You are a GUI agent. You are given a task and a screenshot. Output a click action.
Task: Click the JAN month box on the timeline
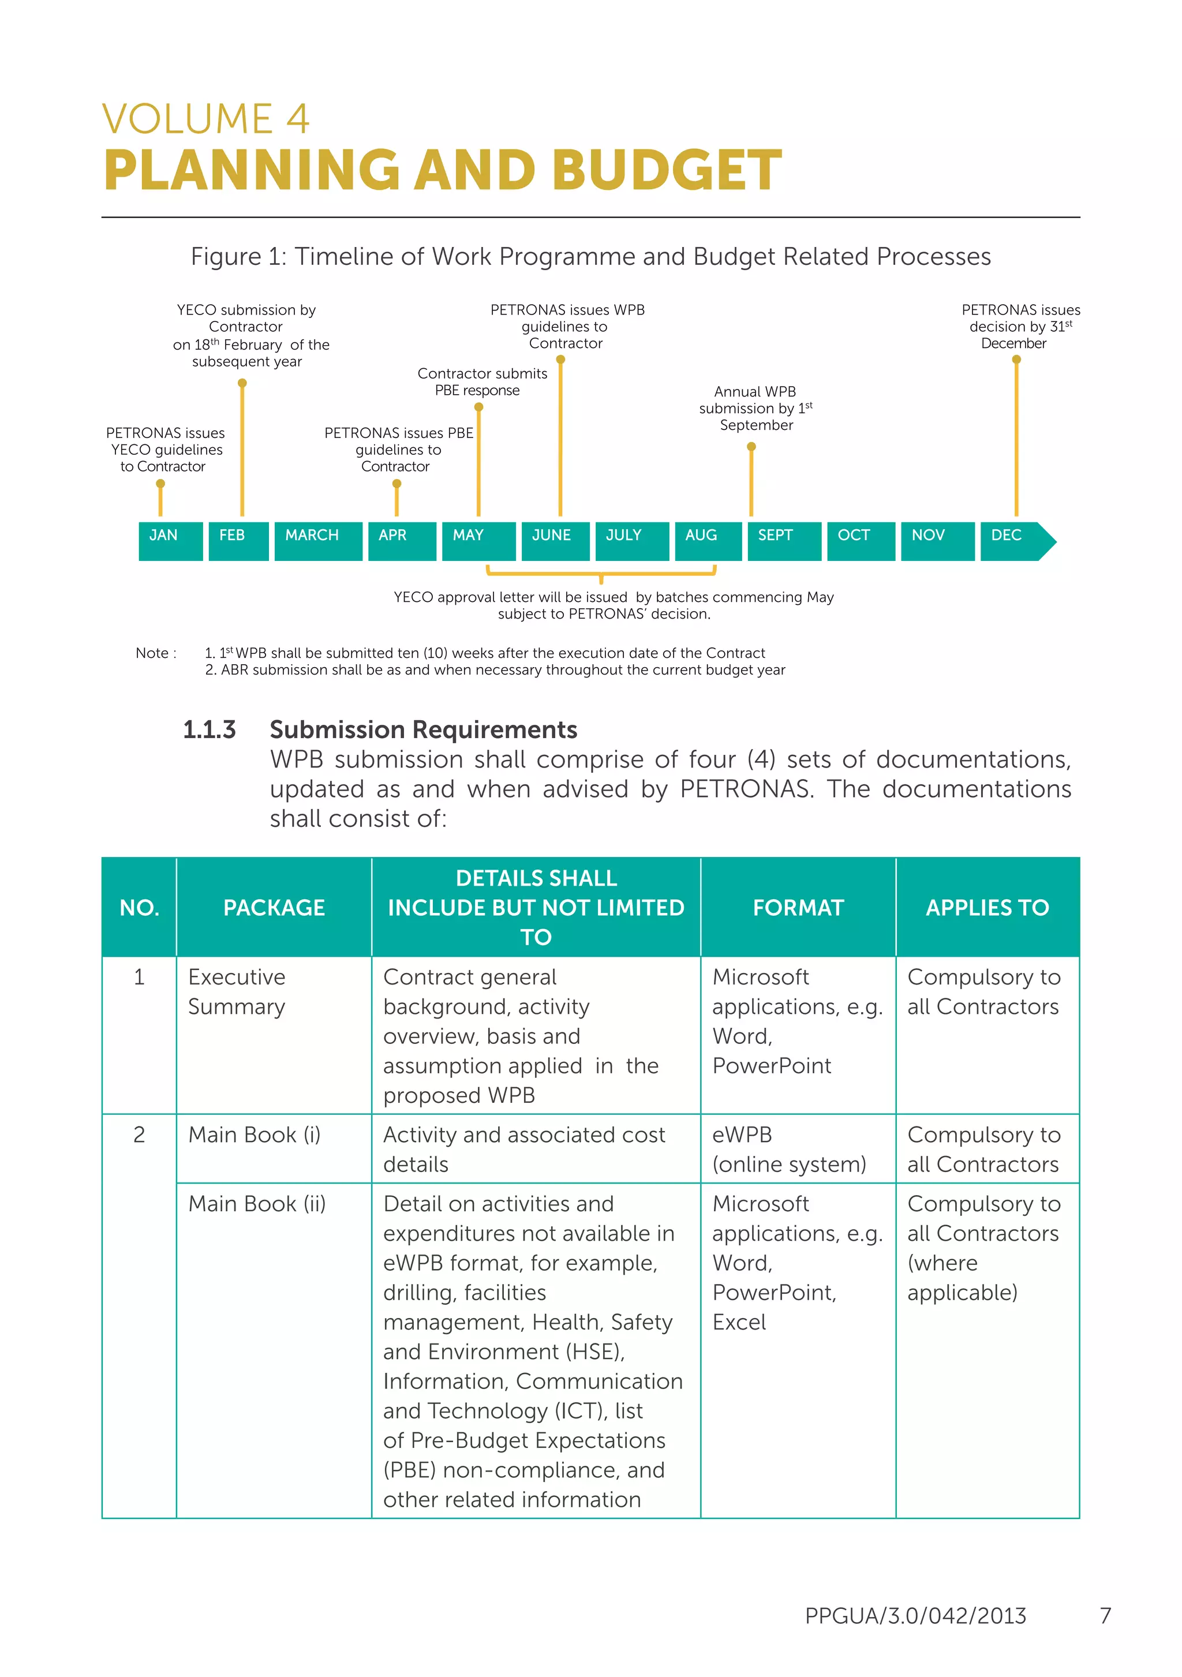170,541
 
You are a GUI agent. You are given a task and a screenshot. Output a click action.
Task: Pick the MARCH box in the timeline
318,541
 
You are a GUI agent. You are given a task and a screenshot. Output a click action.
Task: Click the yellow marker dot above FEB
242,383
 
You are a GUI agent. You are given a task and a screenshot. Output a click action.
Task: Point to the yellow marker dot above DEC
1016,360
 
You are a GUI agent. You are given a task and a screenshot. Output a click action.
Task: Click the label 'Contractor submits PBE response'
481,382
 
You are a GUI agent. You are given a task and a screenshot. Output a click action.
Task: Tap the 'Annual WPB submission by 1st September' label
755,409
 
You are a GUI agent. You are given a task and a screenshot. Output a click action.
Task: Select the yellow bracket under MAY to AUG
601,574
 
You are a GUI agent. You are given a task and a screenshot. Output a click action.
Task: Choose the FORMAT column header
798,907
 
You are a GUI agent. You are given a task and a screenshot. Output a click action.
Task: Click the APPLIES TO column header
987,907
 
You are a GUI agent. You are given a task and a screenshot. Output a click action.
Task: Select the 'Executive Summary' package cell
237,991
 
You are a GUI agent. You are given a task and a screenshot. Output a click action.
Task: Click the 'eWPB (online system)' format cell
789,1149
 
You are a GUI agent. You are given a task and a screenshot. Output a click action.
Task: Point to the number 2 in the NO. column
139,1135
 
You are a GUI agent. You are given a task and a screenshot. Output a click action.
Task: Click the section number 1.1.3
209,729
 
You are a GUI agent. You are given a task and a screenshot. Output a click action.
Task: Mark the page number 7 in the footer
1105,1615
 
